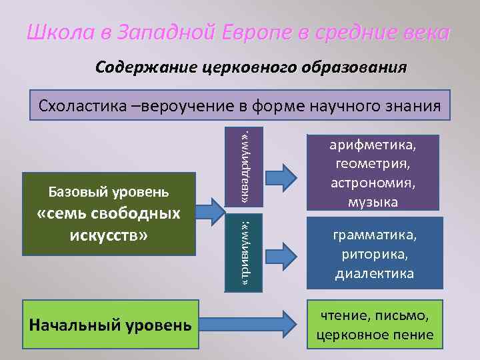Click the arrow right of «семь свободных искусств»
[x=212, y=211]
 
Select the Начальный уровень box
[x=110, y=325]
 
